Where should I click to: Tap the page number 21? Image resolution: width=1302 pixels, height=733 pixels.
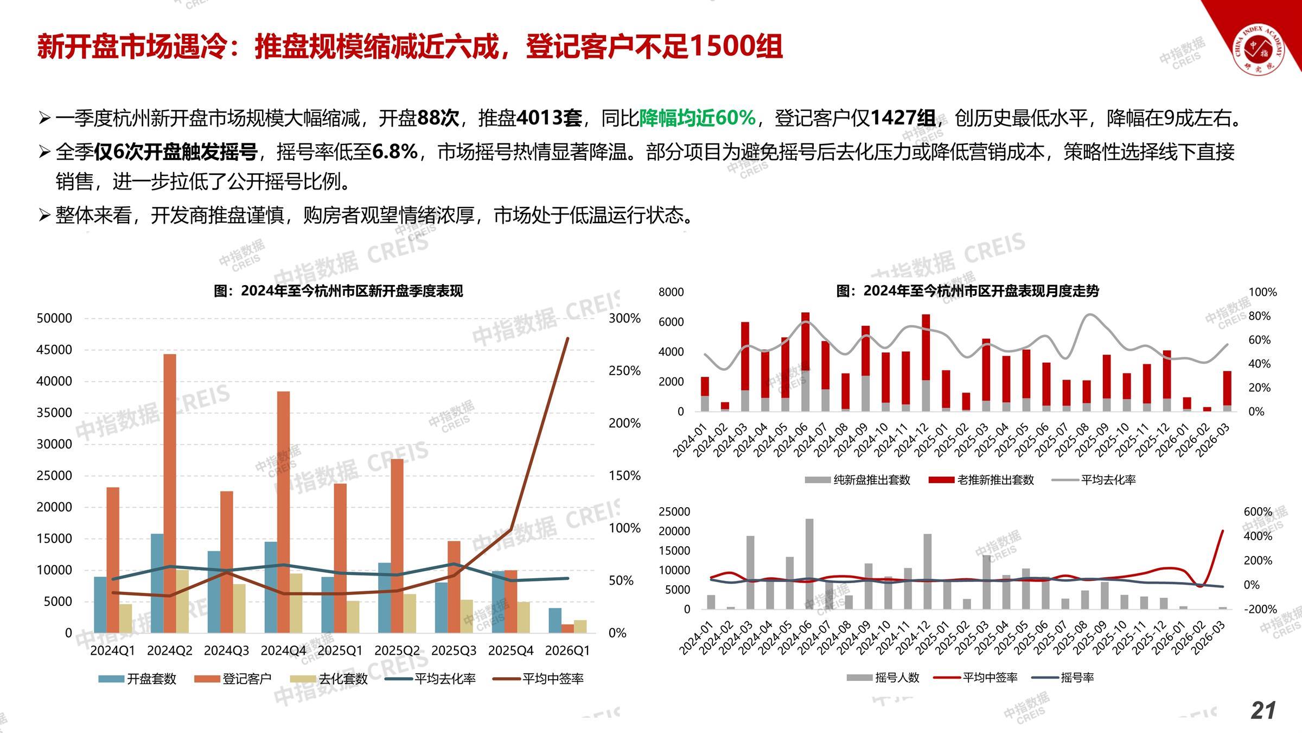(1263, 711)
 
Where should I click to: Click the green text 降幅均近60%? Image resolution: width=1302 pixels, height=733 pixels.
(697, 118)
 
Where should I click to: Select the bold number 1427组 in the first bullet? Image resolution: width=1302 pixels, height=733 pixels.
(903, 118)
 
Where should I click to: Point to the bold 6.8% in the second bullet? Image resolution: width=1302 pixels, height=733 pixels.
(395, 152)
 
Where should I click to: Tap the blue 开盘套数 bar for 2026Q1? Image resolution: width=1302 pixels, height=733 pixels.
(555, 620)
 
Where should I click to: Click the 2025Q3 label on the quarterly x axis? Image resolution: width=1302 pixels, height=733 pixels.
(454, 650)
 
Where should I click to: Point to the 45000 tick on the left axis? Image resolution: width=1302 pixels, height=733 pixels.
(54, 350)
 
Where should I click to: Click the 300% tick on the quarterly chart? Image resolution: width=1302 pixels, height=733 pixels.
(624, 318)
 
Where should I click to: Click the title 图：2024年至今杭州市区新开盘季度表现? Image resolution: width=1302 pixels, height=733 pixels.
(339, 291)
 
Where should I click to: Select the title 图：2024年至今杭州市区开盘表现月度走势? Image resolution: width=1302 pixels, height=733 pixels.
(967, 291)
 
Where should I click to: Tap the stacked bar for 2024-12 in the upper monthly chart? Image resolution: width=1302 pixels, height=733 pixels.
(926, 362)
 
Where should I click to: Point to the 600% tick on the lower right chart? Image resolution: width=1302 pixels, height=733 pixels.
(1258, 512)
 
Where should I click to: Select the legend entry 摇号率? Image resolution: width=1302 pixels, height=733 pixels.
(1077, 678)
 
